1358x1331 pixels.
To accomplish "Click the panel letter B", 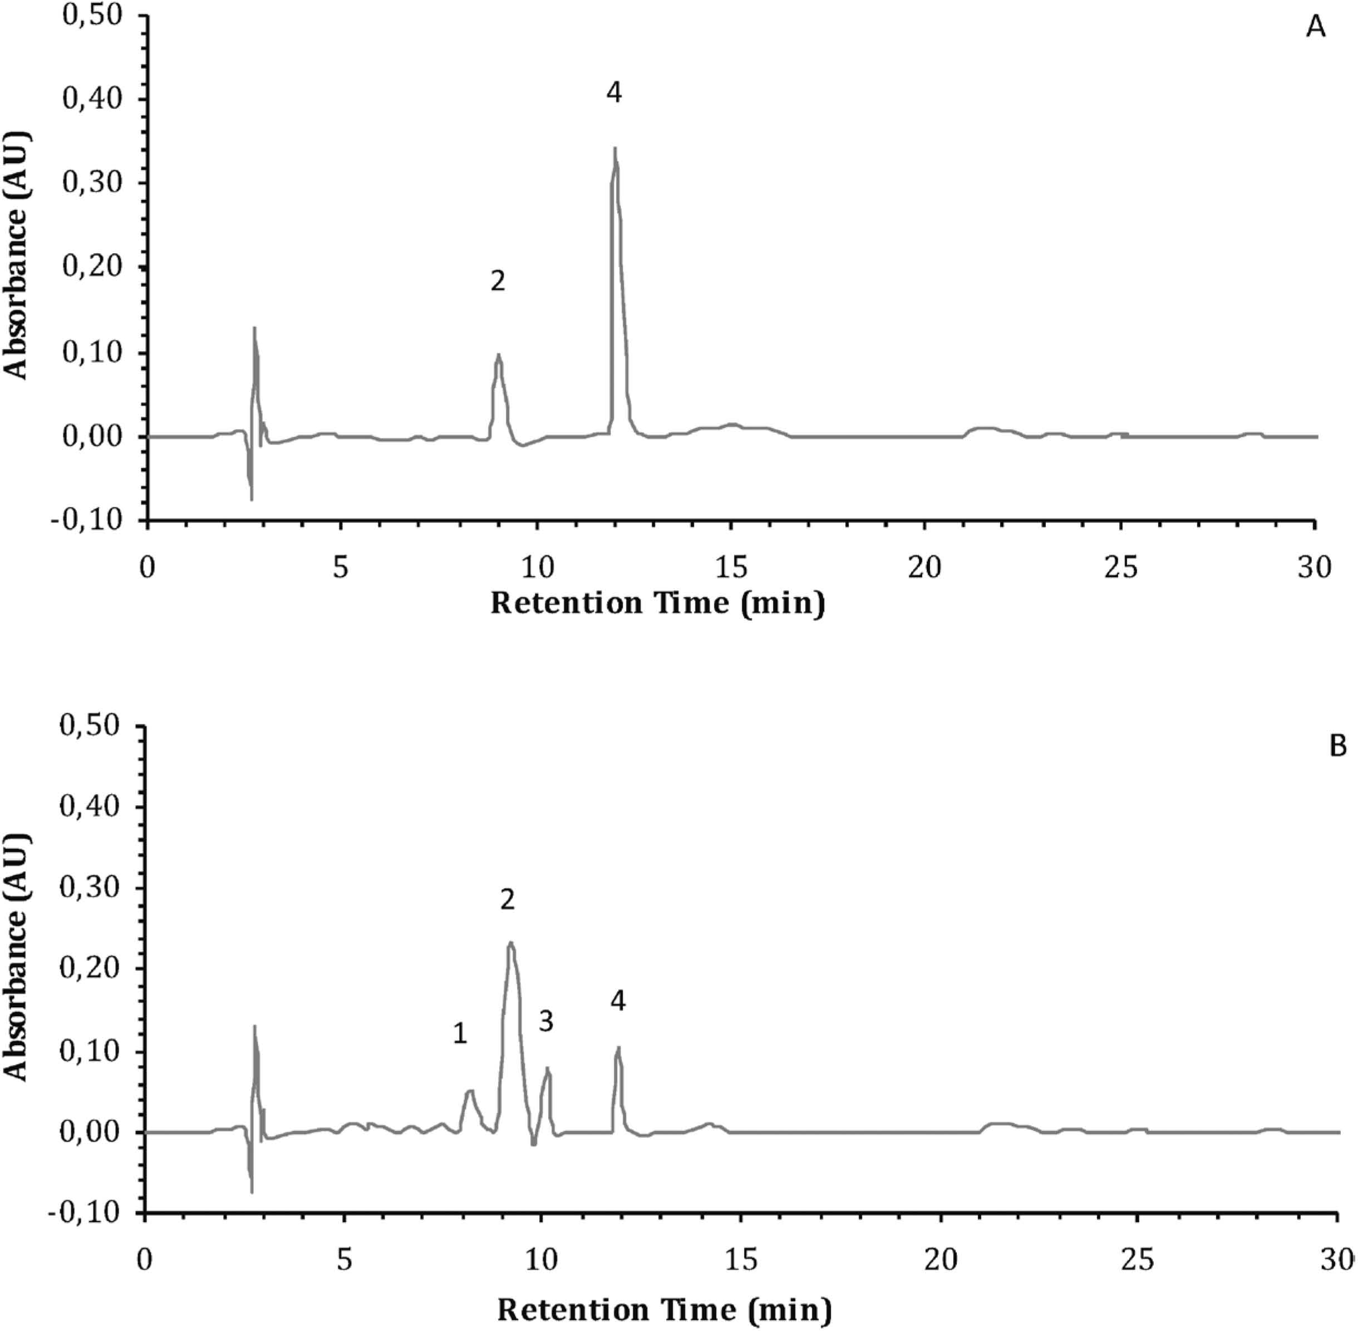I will point(1337,746).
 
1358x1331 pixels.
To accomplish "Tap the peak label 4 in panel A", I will point(613,92).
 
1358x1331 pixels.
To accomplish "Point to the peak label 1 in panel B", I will point(459,1033).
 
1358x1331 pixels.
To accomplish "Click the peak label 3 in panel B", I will point(545,1021).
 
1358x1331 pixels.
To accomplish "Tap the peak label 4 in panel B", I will point(617,1001).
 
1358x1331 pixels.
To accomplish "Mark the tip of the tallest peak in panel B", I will point(511,942).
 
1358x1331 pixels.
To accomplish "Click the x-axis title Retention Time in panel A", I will point(657,603).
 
